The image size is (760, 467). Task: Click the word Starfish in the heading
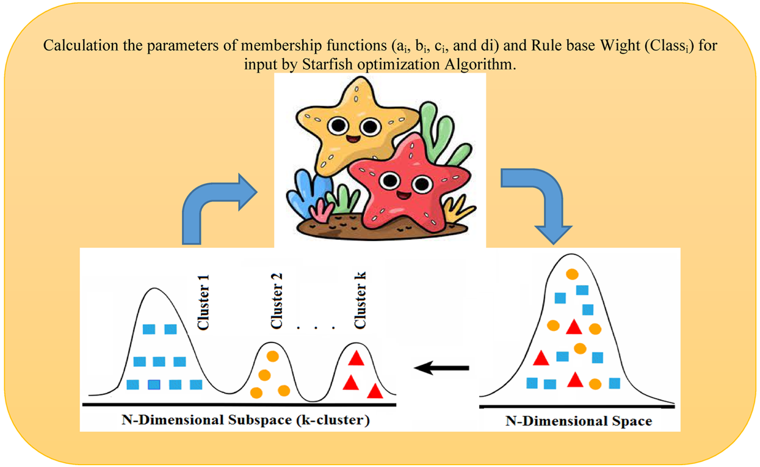click(327, 65)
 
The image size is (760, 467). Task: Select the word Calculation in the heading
click(81, 45)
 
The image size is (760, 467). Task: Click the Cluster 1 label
click(203, 302)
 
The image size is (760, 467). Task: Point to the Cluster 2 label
click(277, 301)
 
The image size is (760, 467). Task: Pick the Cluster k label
click(360, 300)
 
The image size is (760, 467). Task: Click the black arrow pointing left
click(441, 367)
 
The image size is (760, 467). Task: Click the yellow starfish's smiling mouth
click(353, 139)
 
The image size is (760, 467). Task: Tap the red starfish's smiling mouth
click(404, 195)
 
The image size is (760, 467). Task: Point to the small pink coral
click(322, 211)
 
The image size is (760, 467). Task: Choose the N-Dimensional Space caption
click(579, 421)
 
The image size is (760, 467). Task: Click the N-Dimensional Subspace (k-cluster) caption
click(245, 420)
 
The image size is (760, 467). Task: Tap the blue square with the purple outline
click(154, 385)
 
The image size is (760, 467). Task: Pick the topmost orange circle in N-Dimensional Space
click(572, 274)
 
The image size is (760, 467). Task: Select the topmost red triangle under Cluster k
click(356, 358)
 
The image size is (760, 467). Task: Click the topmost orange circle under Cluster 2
click(273, 356)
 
